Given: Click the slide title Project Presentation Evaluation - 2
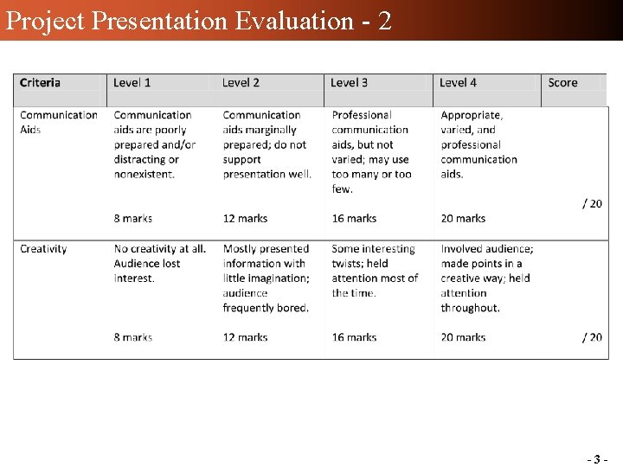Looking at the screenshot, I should pyautogui.click(x=198, y=20).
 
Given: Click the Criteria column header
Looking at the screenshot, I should pyautogui.click(x=40, y=83).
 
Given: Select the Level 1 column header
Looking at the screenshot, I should pyautogui.click(x=132, y=83).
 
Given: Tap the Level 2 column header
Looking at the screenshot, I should pyautogui.click(x=241, y=83).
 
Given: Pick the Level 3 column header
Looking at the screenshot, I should pyautogui.click(x=350, y=83).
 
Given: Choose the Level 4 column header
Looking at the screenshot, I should pyautogui.click(x=458, y=83).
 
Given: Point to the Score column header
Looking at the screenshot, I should pyautogui.click(x=562, y=83).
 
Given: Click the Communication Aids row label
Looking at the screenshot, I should pyautogui.click(x=58, y=122).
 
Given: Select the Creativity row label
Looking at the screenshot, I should pyautogui.click(x=43, y=249).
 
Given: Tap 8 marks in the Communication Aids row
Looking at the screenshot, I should pyautogui.click(x=133, y=219).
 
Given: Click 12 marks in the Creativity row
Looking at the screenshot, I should pyautogui.click(x=245, y=337).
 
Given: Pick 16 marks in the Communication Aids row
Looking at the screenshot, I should pyautogui.click(x=354, y=219).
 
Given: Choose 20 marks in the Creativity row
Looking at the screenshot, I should pyautogui.click(x=463, y=337).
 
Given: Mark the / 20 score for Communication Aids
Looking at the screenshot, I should pyautogui.click(x=592, y=204).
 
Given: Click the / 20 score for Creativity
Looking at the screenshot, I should pyautogui.click(x=592, y=337).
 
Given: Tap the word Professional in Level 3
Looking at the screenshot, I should pyautogui.click(x=362, y=115).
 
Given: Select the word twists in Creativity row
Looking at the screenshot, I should pyautogui.click(x=348, y=264).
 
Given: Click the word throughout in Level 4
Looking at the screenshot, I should pyautogui.click(x=470, y=308).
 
